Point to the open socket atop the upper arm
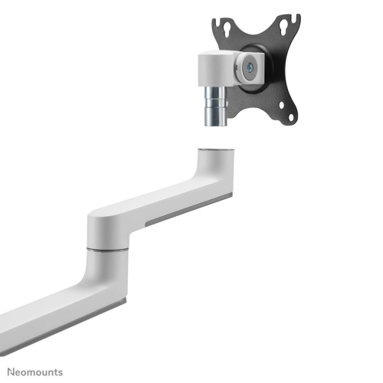[x=215, y=149]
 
